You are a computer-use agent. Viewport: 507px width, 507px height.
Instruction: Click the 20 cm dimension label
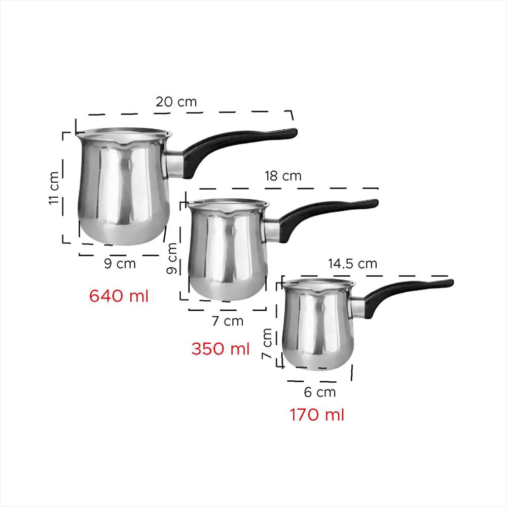coord(176,102)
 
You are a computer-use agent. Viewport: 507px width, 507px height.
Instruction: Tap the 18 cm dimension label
coord(283,176)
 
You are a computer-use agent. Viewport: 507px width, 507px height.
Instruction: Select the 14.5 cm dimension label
coord(352,264)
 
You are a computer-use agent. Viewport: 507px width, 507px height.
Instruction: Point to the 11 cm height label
coord(54,188)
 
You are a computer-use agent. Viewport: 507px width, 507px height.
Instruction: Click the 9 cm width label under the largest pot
coord(120,264)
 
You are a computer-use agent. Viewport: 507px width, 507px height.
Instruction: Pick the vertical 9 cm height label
coord(172,259)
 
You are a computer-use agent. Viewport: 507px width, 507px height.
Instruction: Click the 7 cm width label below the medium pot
coord(228,321)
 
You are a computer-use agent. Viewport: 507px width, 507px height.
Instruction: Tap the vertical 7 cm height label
coord(267,343)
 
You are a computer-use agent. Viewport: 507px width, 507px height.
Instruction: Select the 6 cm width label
coord(320,392)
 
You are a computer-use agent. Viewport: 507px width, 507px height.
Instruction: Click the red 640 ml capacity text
coord(119,296)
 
